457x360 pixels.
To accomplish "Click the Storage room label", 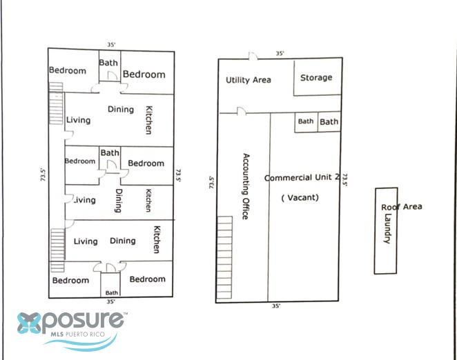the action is click(316, 78).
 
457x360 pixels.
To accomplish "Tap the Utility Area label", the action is click(249, 80).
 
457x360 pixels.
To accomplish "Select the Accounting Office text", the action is click(246, 186).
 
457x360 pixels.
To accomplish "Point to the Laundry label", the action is click(387, 228).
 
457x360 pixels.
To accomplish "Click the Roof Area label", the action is click(402, 207).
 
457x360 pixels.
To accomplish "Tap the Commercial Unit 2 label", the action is click(302, 177).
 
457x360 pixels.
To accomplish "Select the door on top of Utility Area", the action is click(253, 56).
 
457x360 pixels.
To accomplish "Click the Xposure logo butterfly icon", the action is click(29, 323).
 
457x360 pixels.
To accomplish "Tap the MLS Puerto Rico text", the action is click(77, 334).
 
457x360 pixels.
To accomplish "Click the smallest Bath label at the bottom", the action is click(112, 292).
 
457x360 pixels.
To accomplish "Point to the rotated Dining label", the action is click(119, 201).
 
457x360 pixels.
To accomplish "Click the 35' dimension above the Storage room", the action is click(280, 53).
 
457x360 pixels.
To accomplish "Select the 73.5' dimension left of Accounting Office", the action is click(212, 182).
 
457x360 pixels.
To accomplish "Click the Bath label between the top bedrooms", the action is click(108, 63).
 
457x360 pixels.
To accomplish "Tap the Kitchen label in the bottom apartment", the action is click(157, 239).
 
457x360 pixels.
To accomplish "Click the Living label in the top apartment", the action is click(79, 120).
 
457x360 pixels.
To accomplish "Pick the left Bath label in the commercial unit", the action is click(306, 121).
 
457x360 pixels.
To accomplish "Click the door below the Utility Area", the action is click(242, 111).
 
